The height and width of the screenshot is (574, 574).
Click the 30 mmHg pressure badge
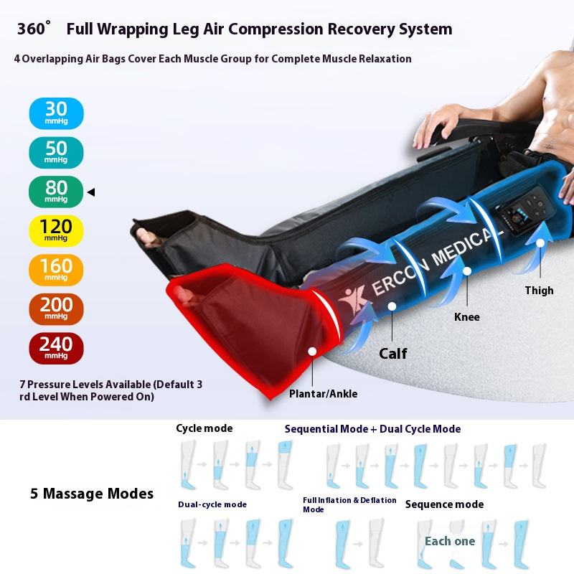point(56,113)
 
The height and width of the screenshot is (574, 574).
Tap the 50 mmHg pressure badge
point(56,152)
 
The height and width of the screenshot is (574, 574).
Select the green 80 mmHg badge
point(56,192)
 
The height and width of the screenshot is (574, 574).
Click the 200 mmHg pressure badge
point(56,309)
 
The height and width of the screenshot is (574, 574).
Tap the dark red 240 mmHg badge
point(56,349)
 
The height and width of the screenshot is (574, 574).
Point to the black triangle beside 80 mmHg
point(91,192)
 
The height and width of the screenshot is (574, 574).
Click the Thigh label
point(539,291)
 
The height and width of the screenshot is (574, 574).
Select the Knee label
point(466,316)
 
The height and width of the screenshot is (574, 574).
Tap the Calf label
point(392,353)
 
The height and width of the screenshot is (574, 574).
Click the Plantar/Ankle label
point(323,393)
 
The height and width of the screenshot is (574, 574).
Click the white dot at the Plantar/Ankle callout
point(313,352)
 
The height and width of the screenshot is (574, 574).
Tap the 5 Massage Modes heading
point(92,494)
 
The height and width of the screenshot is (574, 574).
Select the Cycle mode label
point(204,428)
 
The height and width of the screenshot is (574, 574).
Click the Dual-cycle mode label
point(212,504)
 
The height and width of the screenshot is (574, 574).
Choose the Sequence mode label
point(444,504)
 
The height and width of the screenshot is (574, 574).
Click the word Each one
point(450,541)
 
